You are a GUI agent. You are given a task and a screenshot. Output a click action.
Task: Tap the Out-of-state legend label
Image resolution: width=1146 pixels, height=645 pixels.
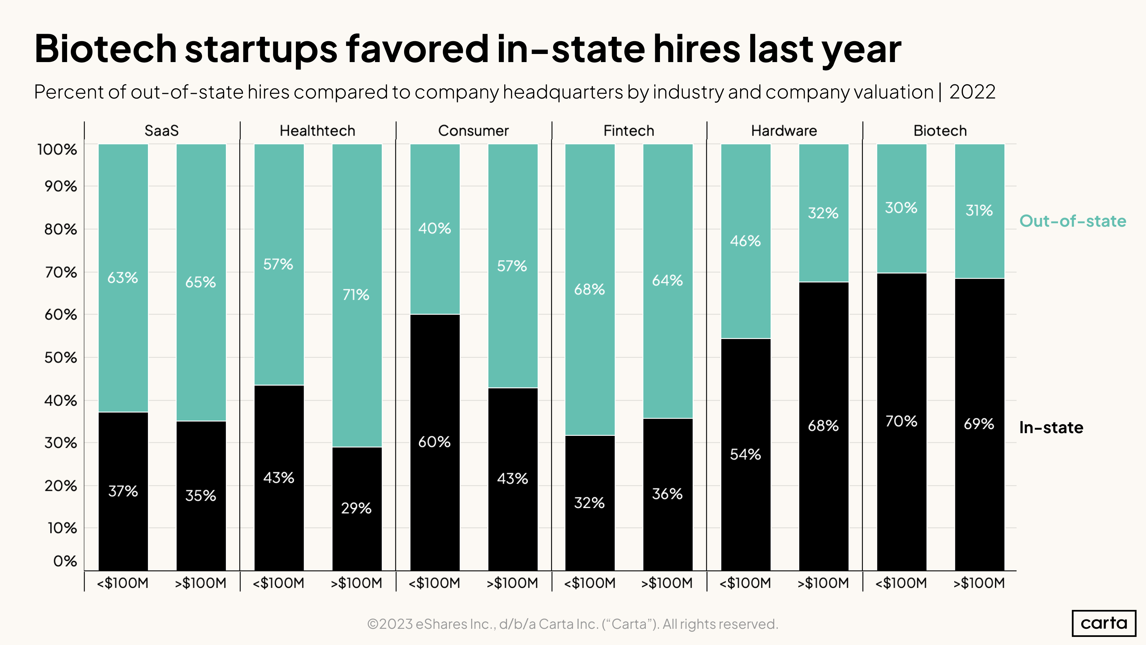click(x=1072, y=221)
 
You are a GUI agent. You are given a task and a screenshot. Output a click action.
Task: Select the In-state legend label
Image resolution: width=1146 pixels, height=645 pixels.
click(x=1051, y=428)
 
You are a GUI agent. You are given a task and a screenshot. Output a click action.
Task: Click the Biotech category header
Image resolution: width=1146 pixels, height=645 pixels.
click(x=940, y=131)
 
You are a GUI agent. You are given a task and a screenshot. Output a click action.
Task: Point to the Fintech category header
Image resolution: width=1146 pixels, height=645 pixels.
click(x=628, y=131)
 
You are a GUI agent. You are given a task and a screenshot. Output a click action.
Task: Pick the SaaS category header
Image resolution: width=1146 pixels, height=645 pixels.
click(x=161, y=131)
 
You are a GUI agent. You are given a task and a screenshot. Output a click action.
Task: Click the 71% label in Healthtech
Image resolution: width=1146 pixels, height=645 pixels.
click(x=356, y=295)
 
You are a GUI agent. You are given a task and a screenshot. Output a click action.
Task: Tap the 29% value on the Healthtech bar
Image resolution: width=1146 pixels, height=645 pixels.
click(x=356, y=508)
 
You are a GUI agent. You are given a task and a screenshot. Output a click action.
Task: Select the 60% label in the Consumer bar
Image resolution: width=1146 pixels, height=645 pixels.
click(x=434, y=442)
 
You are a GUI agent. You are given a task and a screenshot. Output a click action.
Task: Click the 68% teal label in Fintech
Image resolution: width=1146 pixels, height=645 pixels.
click(x=589, y=290)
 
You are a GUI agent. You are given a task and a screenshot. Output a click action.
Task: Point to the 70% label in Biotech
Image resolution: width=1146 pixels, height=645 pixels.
click(x=901, y=421)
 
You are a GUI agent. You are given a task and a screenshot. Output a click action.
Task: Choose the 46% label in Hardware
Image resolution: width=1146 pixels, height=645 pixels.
click(x=745, y=241)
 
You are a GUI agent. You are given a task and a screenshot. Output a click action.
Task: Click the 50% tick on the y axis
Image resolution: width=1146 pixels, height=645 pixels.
click(x=61, y=358)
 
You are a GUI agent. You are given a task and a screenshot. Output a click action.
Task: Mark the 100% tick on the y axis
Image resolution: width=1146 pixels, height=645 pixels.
click(x=57, y=149)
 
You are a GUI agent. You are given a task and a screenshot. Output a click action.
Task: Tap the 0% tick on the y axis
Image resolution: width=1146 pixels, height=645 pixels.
click(x=65, y=561)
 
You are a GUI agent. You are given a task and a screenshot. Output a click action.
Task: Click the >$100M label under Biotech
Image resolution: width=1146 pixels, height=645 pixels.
click(x=979, y=583)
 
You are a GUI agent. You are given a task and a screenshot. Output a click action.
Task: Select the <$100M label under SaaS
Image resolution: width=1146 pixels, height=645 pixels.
click(x=122, y=583)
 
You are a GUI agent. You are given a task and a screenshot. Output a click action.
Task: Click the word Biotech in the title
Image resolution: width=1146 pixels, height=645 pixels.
click(x=106, y=49)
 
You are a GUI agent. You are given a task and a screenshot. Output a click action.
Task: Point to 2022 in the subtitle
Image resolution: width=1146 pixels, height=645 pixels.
click(x=972, y=92)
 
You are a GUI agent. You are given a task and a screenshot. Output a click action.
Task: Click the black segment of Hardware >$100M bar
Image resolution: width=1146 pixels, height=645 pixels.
click(x=823, y=489)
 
